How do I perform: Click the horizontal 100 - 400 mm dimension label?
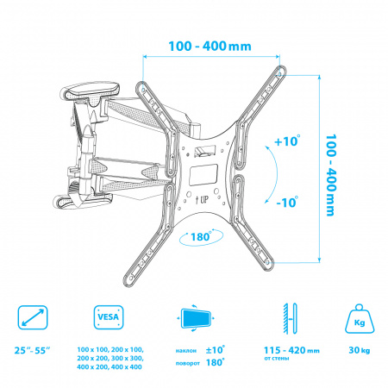[x=210, y=47]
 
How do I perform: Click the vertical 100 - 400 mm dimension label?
[x=330, y=175]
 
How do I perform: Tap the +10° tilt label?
[x=287, y=141]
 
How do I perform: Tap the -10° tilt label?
[x=287, y=202]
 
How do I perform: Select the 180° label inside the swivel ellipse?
[x=201, y=236]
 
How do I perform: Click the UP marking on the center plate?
[x=202, y=199]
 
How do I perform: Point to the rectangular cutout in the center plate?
[x=203, y=175]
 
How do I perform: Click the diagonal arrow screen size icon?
[x=33, y=317]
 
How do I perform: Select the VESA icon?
[x=109, y=317]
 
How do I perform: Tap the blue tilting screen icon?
[x=196, y=318]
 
